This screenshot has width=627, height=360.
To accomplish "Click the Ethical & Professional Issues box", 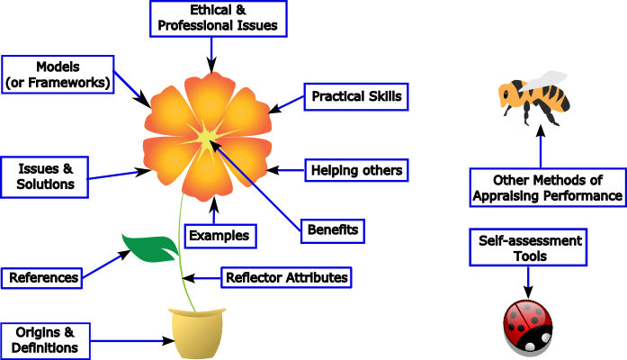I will [x=219, y=18].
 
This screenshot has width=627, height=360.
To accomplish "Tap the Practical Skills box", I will [x=356, y=95].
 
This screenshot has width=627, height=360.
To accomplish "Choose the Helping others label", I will [x=356, y=169].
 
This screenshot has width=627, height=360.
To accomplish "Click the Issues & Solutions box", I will [x=45, y=176].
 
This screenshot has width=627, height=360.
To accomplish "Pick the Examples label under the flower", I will [x=219, y=236].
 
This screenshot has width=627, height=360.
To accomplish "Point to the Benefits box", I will [x=333, y=229].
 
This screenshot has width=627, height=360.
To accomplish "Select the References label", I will [x=43, y=277].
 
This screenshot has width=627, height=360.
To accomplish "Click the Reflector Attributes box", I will [x=285, y=277].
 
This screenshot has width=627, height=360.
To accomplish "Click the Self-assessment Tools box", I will [x=527, y=248].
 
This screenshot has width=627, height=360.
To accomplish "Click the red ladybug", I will [x=527, y=328].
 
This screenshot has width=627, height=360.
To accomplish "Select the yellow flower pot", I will [x=195, y=333].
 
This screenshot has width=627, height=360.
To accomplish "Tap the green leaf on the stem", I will [x=151, y=247].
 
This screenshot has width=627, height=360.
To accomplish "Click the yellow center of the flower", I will [x=206, y=138].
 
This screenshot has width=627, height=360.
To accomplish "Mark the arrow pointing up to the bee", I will [x=541, y=146].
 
